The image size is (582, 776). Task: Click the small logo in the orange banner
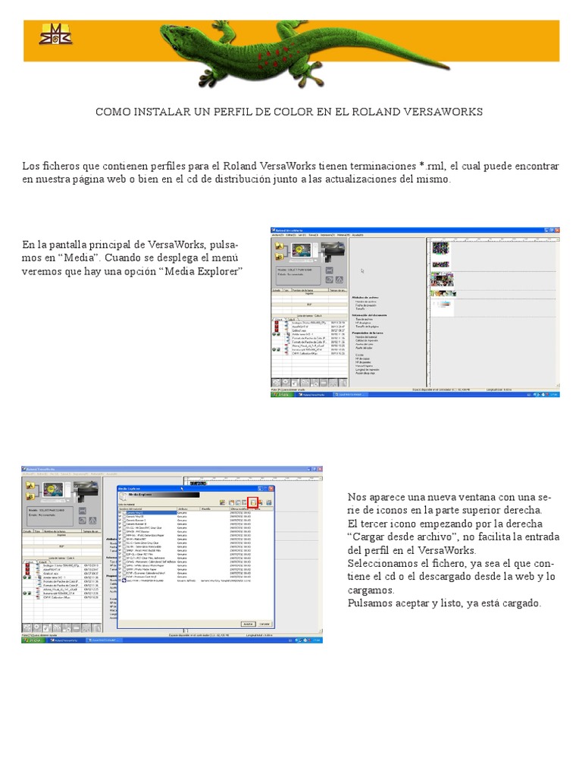(x=56, y=33)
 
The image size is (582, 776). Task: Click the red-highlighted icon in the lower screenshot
(x=253, y=502)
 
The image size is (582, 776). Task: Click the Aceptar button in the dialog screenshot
(x=247, y=624)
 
